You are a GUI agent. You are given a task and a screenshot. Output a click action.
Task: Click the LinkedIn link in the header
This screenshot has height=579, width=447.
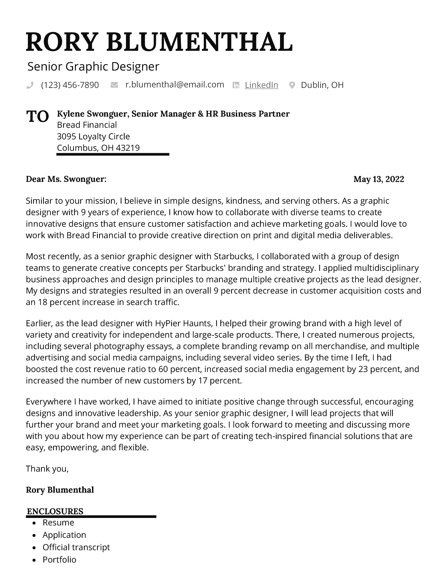tap(261, 85)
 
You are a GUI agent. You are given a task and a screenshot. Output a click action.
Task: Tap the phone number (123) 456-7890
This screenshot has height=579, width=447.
tap(70, 85)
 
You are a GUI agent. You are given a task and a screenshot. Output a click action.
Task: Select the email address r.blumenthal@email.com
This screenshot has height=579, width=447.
tap(175, 84)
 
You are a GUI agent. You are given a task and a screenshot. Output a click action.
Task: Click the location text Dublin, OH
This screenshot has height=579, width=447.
tap(322, 85)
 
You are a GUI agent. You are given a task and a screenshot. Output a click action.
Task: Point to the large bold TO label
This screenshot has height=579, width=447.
tap(37, 116)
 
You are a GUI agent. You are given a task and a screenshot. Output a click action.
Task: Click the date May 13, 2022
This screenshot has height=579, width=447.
tap(379, 179)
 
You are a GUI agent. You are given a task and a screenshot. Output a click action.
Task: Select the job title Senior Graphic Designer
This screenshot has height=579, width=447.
tap(93, 67)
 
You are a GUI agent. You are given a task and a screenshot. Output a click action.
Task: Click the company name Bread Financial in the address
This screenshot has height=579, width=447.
tap(87, 125)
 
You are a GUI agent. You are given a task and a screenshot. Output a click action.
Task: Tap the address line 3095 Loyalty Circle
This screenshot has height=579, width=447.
tap(94, 136)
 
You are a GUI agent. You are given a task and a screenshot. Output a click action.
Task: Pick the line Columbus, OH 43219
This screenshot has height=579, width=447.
tap(98, 148)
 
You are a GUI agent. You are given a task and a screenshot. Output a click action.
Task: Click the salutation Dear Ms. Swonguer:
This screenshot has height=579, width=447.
tap(66, 179)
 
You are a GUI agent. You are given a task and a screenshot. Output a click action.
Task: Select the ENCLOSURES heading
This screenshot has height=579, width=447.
tap(55, 511)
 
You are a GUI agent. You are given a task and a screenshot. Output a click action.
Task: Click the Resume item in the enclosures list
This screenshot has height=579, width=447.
tap(58, 522)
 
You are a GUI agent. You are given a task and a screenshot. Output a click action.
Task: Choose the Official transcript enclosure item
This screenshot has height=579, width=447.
tap(76, 547)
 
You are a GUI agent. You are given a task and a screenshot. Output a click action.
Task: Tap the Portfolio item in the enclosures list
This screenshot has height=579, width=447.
tap(59, 559)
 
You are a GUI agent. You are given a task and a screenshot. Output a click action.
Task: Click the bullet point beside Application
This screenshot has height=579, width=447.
tap(34, 535)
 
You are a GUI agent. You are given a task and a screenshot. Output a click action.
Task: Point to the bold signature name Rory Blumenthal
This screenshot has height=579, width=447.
tap(60, 490)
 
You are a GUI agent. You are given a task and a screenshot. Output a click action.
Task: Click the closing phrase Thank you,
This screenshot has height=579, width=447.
tap(47, 469)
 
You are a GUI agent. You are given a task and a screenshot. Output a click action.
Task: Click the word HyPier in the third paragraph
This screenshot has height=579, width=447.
tap(168, 323)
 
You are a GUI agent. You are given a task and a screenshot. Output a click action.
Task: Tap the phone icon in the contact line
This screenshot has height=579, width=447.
tap(30, 85)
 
